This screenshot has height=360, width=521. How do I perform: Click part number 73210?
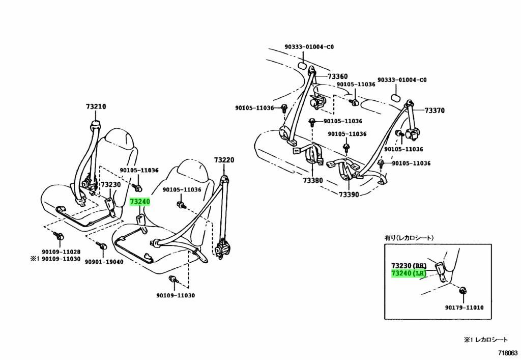coord(96,107)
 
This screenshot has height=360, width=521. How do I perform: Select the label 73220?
coord(224,160)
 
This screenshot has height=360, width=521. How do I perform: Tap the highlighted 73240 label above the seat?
coord(140,202)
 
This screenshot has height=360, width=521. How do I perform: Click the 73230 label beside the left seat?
coord(110,185)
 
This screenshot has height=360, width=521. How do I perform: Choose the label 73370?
coord(435,110)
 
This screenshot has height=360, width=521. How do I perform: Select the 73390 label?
coord(349,195)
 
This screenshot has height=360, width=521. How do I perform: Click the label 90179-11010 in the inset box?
coord(464,308)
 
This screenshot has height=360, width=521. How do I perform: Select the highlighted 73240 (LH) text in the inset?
coord(408,273)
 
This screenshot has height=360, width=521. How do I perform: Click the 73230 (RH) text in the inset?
coord(408,266)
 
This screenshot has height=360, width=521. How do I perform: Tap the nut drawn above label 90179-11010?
coord(463,291)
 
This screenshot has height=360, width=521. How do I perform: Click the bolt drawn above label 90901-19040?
coord(102,247)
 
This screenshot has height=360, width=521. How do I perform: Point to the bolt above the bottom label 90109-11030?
coord(173,279)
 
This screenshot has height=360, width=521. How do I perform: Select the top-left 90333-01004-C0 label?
coord(309,47)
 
